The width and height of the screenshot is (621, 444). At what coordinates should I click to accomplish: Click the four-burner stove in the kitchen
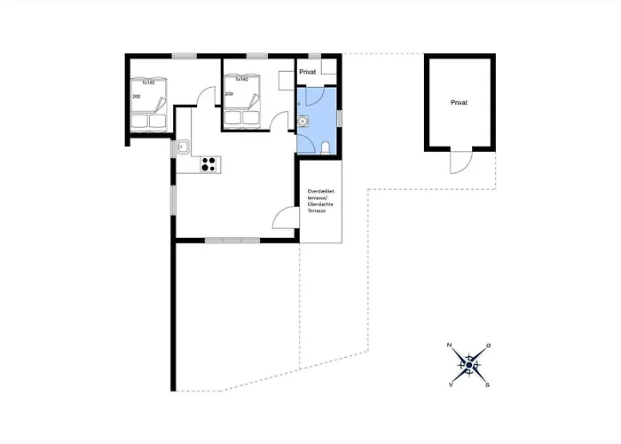coord(210,163)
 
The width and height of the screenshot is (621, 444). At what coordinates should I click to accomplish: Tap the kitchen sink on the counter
coord(183,147)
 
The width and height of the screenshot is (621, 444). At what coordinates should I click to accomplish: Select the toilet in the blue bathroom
coord(328,147)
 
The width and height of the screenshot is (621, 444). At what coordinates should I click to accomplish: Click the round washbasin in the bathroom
coord(303,122)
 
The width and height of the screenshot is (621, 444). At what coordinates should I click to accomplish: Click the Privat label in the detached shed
coord(459,103)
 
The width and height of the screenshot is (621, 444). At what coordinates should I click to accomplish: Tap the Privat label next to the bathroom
coord(308,71)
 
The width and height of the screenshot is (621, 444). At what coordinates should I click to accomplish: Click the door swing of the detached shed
coord(460,163)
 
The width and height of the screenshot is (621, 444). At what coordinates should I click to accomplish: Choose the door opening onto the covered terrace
coord(285,218)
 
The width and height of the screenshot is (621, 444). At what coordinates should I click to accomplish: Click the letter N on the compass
coord(450,345)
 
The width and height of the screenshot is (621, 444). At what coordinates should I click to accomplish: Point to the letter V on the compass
coord(451,385)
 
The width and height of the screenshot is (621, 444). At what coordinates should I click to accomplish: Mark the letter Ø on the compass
coord(488,345)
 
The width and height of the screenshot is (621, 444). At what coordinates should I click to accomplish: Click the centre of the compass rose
coord(468,363)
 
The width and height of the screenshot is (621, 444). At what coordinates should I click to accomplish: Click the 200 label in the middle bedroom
coord(229,93)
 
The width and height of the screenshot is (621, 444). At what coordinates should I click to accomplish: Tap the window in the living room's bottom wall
coord(232,240)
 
